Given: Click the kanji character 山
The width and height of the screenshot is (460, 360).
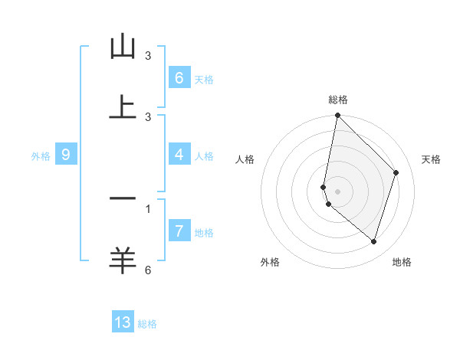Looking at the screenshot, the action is [x=123, y=47].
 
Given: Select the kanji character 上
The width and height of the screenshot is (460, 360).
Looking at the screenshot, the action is [x=123, y=106].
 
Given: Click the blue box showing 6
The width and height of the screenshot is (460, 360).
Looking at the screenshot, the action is [x=179, y=77].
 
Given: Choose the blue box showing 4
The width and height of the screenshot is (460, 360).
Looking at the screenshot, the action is [x=179, y=155].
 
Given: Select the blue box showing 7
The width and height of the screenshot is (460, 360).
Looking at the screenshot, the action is [x=179, y=231].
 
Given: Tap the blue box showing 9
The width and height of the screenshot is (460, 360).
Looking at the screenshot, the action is [x=66, y=155].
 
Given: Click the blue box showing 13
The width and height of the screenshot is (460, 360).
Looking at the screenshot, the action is [x=123, y=322].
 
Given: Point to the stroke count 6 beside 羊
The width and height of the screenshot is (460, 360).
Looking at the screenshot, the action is [x=148, y=270].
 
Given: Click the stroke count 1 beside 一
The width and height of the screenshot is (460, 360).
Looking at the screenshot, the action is [x=148, y=208].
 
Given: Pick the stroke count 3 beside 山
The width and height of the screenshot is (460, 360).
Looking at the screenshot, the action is [x=148, y=56].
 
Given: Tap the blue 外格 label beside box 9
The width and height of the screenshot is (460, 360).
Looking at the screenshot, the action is [x=41, y=156].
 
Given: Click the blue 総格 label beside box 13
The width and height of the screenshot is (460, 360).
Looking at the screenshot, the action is [x=147, y=324].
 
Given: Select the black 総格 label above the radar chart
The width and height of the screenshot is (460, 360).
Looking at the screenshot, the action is [x=338, y=100].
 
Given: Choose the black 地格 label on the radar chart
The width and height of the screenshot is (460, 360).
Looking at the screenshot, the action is [x=402, y=262].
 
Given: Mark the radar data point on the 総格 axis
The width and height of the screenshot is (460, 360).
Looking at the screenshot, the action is [x=337, y=115].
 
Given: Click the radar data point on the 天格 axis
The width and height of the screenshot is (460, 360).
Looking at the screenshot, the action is [x=396, y=172].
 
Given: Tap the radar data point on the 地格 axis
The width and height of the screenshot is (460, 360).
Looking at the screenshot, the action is [x=373, y=241].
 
